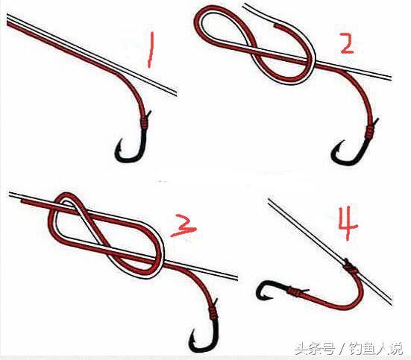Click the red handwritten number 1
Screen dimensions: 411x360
(151, 49)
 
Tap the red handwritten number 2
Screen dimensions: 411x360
(348, 43)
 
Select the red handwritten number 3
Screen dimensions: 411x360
(183, 225)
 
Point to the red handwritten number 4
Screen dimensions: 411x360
(348, 224)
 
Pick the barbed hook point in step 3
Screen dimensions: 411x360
(193, 335)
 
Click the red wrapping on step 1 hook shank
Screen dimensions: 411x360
(144, 122)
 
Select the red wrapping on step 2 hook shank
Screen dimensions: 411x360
(370, 132)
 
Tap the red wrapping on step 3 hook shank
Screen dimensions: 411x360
(213, 312)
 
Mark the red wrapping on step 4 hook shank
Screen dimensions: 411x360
(294, 291)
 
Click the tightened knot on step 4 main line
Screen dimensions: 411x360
(351, 268)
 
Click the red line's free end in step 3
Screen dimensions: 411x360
(22, 202)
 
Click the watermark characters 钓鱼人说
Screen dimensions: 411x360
(376, 349)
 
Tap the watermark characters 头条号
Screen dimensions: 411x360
(315, 349)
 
